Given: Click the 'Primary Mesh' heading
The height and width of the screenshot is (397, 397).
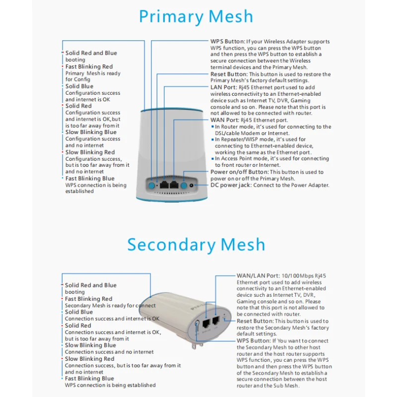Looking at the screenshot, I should (196, 16).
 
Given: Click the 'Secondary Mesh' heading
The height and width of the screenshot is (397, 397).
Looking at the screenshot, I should (196, 245).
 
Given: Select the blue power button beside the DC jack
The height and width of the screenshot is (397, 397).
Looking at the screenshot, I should (184, 185).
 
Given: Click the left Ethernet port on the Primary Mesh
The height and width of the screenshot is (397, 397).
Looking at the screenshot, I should (163, 184).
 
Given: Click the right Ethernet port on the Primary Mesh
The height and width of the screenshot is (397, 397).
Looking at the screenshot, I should (174, 184).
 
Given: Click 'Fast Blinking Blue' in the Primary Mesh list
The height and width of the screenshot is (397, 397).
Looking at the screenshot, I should (90, 179).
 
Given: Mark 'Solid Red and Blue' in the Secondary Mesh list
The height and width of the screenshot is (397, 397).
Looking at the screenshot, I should (91, 285).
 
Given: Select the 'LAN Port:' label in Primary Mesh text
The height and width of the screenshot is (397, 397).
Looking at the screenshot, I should (224, 87).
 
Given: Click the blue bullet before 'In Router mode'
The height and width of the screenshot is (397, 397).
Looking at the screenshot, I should (212, 127).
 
